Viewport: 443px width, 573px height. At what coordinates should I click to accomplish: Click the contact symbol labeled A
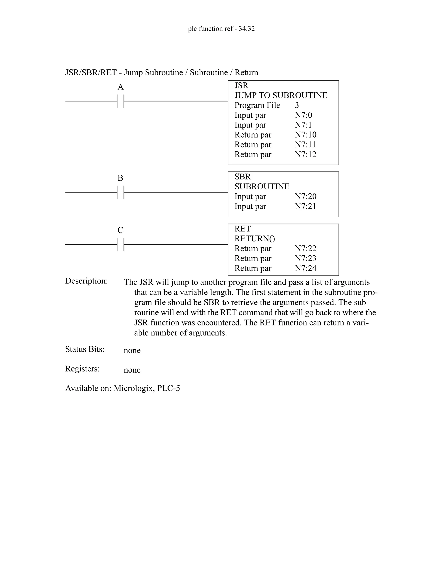120,101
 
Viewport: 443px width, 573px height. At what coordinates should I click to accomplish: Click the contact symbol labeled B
120,192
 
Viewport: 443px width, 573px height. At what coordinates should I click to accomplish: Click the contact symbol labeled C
120,245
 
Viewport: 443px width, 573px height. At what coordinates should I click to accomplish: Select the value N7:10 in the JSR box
305,135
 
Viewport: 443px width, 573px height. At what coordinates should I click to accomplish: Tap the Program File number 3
297,105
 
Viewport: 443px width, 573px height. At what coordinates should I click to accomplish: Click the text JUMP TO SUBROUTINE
281,95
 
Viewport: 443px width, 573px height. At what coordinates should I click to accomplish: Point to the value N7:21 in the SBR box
305,206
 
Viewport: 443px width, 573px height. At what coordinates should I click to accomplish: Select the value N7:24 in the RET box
305,268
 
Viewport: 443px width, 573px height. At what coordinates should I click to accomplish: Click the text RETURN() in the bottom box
255,239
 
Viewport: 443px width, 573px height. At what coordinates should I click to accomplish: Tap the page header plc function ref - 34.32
221,29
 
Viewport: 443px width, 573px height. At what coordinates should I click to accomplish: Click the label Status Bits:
85,349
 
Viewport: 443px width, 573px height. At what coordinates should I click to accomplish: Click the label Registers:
82,369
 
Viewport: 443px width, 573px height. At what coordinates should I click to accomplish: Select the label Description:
86,281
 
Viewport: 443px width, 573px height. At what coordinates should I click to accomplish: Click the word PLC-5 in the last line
169,388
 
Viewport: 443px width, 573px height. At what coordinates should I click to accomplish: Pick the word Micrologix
134,388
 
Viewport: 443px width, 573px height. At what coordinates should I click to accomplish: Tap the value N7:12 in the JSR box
305,155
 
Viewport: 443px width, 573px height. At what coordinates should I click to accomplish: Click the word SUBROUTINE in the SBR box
262,187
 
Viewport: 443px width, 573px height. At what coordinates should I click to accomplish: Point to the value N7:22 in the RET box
305,248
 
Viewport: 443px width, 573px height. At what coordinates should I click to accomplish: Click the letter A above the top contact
120,87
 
